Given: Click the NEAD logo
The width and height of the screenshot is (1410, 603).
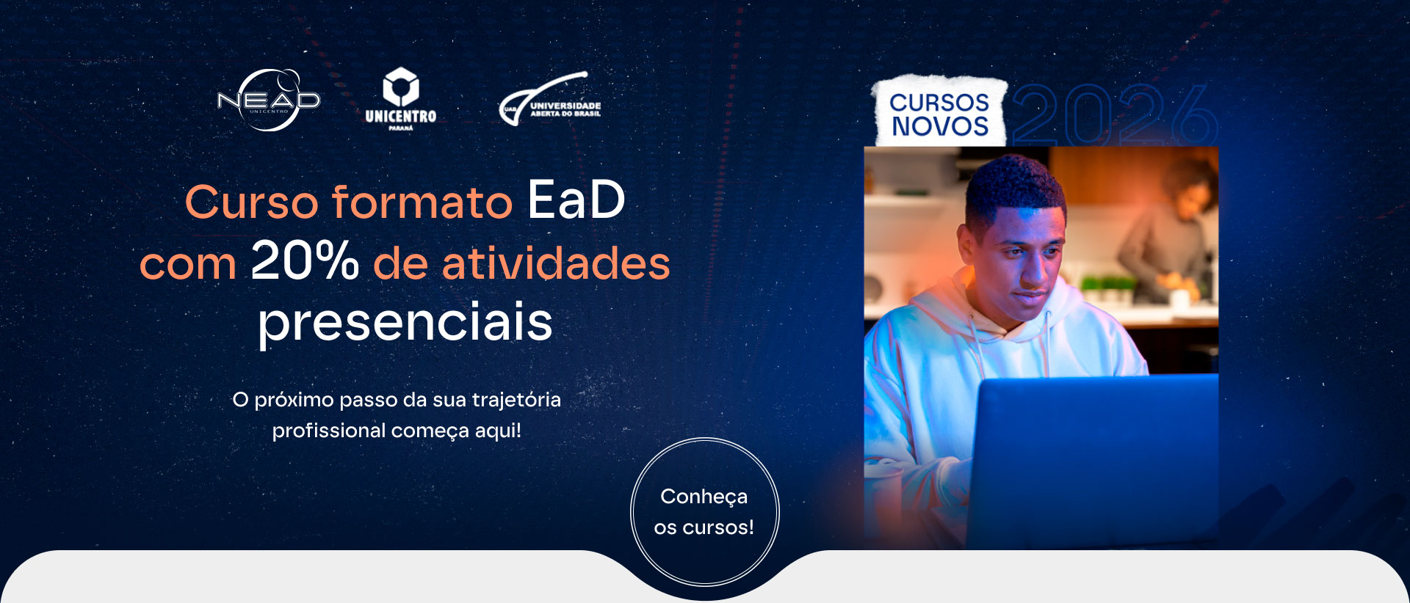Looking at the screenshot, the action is tap(269, 100).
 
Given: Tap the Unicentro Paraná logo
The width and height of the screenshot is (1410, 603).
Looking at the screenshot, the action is tap(400, 99).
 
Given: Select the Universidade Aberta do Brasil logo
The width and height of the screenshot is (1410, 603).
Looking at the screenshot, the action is tap(550, 99).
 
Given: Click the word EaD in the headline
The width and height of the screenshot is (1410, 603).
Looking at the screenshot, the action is tap(576, 200).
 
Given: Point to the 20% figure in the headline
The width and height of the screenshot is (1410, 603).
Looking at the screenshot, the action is tap(305, 260).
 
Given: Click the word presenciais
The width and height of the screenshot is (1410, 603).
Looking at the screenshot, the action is tap(405, 322).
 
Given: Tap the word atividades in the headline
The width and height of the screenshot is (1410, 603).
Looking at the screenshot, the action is tap(556, 262).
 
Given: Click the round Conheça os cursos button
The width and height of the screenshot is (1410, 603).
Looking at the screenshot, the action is tap(705, 512).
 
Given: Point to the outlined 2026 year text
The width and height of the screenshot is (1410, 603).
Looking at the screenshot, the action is tap(1115, 115).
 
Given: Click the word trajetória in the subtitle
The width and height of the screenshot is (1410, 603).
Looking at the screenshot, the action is tap(516, 401).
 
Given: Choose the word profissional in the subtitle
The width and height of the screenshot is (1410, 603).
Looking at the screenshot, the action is tap(328, 431).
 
